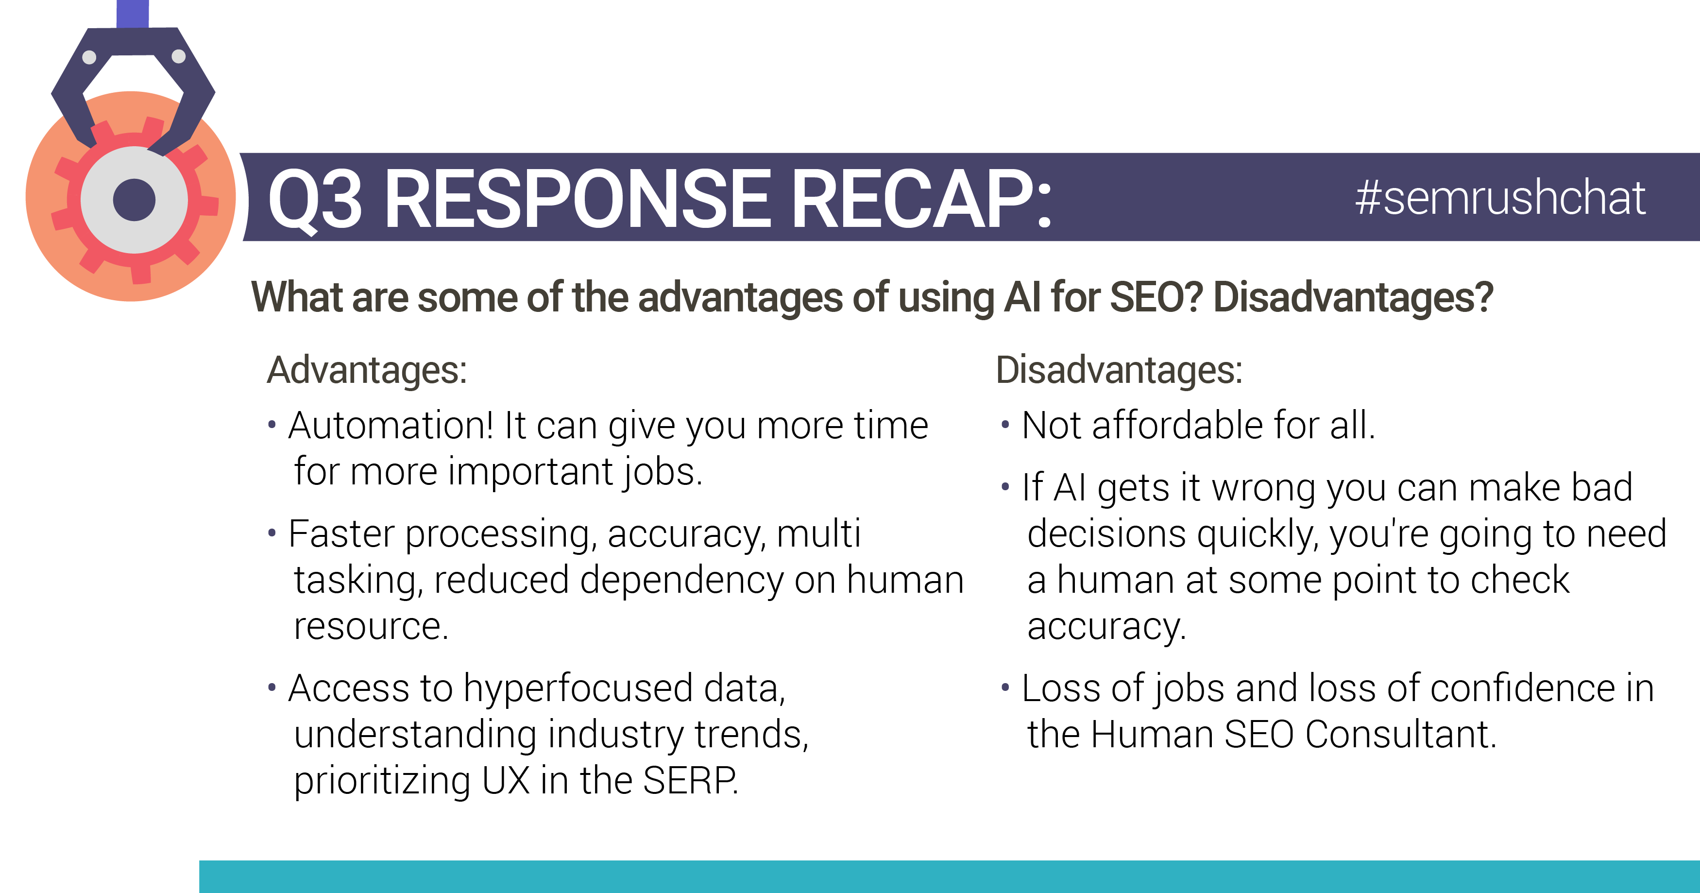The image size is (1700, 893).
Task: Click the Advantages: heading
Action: point(367,370)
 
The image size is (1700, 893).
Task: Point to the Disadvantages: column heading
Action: point(1119,370)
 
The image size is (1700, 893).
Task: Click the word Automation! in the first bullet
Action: point(391,425)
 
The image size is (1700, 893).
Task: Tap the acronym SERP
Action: point(690,781)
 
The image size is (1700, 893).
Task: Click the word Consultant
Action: point(1400,735)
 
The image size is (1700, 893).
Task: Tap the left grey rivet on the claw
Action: point(89,57)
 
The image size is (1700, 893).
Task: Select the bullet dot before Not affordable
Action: point(1005,424)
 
